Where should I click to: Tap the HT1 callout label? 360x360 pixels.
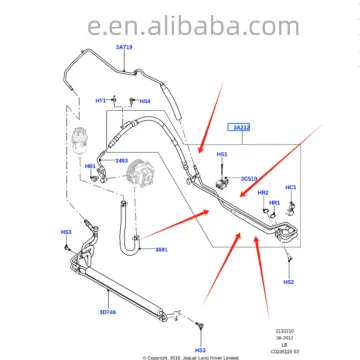[100, 101]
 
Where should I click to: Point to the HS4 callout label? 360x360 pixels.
[145, 101]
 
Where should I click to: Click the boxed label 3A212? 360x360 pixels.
[241, 128]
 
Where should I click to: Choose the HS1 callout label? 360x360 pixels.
[222, 155]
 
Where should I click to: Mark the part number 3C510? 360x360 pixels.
[248, 178]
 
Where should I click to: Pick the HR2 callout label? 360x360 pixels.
[263, 192]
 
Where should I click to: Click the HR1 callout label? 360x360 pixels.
[273, 202]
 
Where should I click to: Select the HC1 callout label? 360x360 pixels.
[291, 187]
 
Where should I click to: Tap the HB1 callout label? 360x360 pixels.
[89, 166]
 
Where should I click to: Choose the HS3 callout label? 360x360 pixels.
[65, 233]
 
